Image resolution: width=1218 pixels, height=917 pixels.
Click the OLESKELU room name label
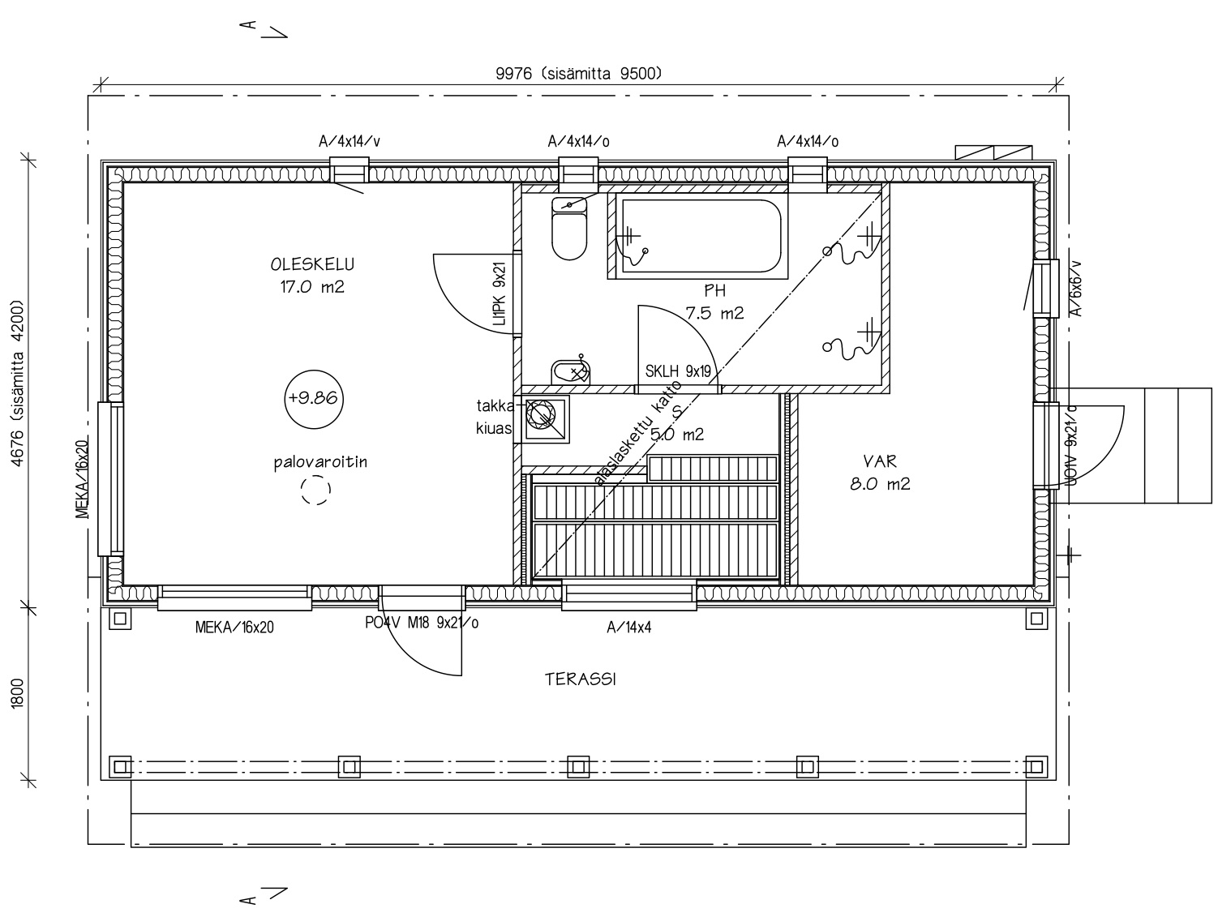pos(312,264)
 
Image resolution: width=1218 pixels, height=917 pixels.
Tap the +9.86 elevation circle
pos(314,399)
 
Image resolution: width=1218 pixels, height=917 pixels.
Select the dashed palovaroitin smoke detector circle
pos(315,489)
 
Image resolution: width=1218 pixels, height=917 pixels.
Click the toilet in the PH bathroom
pos(569,229)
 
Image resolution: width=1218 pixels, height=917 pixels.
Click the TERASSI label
pos(581,679)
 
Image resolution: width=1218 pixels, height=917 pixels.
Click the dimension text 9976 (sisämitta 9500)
pos(579,73)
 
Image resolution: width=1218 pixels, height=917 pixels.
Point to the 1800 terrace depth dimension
pos(18,693)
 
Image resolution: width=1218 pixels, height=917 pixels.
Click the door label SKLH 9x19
pos(678,371)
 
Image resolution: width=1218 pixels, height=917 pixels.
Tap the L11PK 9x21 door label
pos(500,294)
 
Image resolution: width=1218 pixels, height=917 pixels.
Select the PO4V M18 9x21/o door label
pos(422,623)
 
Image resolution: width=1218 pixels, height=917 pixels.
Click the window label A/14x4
pos(628,628)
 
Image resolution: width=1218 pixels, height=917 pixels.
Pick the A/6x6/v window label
pos(1075,289)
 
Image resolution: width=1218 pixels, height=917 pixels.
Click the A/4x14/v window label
pos(350,141)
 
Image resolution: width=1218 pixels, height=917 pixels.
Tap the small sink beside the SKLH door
pos(570,371)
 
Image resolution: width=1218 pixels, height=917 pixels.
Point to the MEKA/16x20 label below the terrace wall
pos(234,628)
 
